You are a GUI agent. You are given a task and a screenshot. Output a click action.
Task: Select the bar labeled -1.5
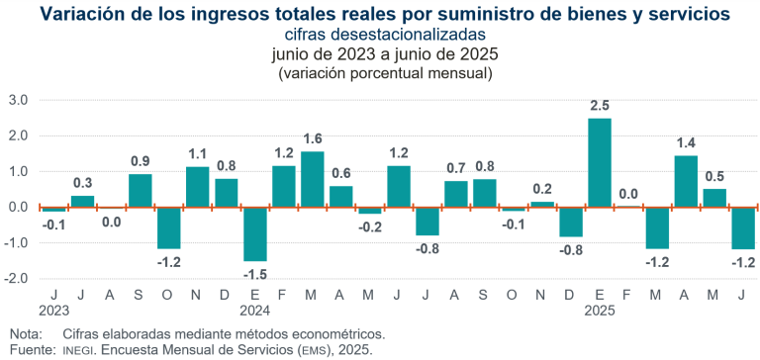(255, 233)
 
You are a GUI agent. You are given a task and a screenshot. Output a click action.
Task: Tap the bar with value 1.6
(313, 179)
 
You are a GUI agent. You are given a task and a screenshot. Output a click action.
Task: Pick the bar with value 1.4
(686, 182)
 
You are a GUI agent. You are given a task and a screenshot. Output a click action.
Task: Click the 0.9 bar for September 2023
(141, 191)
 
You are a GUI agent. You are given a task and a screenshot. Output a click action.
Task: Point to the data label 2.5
(600, 106)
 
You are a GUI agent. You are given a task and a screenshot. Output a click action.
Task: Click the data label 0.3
(83, 183)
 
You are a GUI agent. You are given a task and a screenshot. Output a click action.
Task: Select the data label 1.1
(198, 153)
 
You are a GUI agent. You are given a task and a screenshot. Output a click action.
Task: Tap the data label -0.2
(370, 226)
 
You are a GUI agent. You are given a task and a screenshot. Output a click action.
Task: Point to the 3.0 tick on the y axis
(18, 100)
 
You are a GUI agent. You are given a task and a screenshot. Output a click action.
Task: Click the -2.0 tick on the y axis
(16, 279)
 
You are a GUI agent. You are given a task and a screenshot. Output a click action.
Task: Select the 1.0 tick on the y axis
(18, 171)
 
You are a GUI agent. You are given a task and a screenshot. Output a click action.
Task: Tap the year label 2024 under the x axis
(254, 310)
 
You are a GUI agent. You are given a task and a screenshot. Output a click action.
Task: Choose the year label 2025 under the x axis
(600, 310)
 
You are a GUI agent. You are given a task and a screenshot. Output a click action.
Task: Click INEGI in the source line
(83, 350)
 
